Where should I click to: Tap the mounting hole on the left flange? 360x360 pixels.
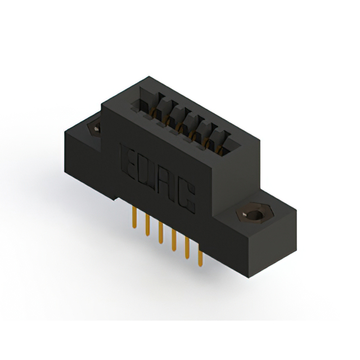pos(95,129)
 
